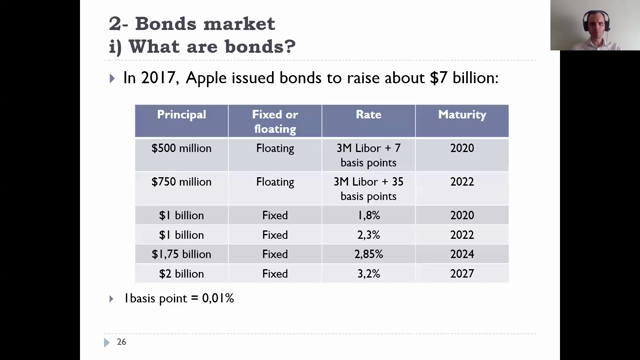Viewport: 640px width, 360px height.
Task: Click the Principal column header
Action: point(181,115)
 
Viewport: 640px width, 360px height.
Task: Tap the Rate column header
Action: point(368,115)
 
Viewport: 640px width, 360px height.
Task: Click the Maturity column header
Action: point(461,115)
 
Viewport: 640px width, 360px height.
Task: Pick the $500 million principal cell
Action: point(181,148)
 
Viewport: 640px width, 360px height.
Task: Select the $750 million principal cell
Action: point(181,182)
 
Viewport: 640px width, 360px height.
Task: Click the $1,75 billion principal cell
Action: point(181,254)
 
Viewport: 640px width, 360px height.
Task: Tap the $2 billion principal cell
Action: point(181,273)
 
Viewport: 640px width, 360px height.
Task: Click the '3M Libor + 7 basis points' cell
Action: point(368,155)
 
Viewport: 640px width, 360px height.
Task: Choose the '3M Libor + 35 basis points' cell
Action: point(368,189)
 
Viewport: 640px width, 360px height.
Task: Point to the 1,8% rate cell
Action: point(368,215)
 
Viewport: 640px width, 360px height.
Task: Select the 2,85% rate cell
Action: point(368,254)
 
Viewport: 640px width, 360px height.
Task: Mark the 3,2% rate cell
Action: point(368,273)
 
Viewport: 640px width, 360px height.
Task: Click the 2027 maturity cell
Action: point(461,273)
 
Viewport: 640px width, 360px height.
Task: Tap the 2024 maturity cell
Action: point(461,254)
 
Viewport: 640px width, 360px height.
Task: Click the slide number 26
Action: point(121,343)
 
